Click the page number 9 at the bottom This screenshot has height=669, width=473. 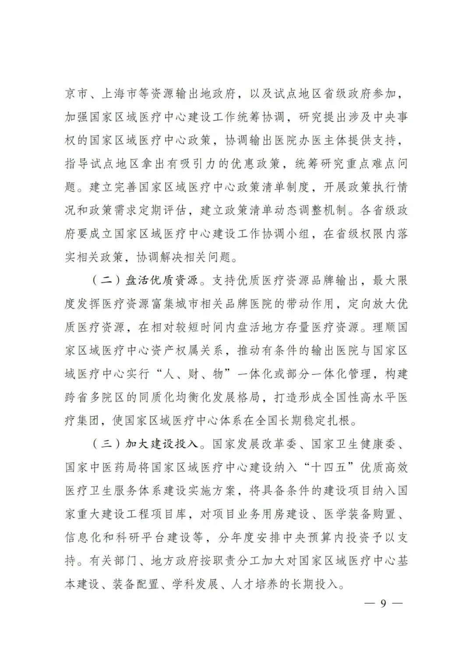[383, 603]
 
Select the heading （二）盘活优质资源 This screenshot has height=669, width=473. [145, 280]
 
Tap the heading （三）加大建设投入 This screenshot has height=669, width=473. [145, 444]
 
